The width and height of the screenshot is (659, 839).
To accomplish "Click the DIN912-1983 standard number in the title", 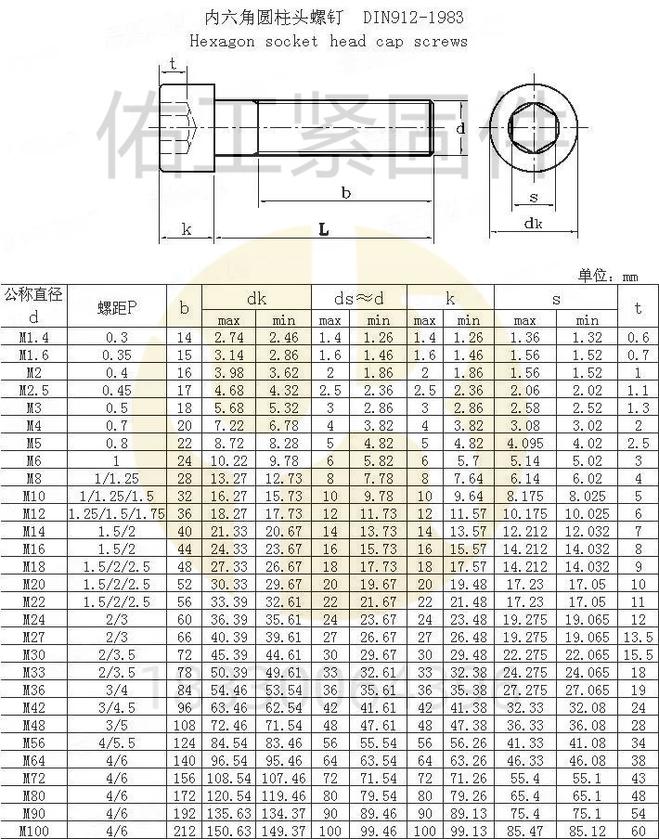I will (x=413, y=17).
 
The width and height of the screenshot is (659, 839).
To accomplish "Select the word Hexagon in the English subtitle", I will (x=221, y=41).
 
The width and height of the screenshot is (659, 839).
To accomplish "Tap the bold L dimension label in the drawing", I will (x=322, y=229).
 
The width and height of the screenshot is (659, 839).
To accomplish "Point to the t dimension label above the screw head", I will (x=174, y=63).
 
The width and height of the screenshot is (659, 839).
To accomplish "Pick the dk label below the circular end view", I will (x=533, y=223).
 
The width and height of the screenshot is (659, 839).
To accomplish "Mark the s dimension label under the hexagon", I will (x=534, y=197).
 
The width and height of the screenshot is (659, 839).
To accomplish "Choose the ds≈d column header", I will (x=358, y=299).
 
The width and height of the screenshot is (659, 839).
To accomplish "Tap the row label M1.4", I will (x=33, y=338).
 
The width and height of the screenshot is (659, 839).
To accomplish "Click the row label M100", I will (x=33, y=831).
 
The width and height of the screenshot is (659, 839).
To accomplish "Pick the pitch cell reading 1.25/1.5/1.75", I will (x=117, y=513).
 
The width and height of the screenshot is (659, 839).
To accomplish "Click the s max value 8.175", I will (x=524, y=497).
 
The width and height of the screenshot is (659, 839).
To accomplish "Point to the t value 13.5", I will (x=638, y=639).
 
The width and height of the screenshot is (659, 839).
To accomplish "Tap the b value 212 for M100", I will (x=184, y=831).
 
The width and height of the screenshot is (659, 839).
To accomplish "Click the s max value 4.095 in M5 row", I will (x=524, y=444).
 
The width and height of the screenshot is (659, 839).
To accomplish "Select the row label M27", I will (x=33, y=638).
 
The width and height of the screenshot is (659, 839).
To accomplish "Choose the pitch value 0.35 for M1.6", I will (x=117, y=355).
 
